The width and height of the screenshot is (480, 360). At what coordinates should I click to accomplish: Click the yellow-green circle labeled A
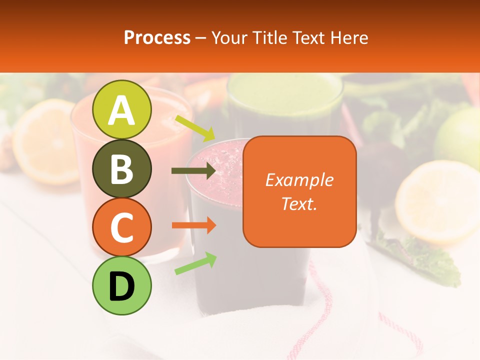click(122, 109)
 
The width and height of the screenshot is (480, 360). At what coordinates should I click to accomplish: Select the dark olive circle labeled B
click(122, 168)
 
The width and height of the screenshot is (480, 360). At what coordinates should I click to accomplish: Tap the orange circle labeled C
click(122, 227)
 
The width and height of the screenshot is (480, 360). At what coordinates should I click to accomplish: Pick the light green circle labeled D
click(122, 285)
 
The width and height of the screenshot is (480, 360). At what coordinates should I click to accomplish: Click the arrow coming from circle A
click(194, 128)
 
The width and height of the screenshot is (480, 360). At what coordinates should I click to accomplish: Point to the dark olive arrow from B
click(193, 171)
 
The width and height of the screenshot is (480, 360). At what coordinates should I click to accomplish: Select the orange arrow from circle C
click(193, 225)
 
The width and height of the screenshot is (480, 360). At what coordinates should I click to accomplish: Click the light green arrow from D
click(195, 263)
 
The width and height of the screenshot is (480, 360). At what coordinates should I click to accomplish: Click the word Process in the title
click(157, 38)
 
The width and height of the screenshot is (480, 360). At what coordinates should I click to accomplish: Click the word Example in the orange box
click(299, 180)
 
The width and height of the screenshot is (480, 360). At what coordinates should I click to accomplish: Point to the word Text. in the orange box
click(299, 203)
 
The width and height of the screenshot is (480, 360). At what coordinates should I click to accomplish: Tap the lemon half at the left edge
click(42, 140)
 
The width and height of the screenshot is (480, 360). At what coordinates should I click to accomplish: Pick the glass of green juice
click(285, 105)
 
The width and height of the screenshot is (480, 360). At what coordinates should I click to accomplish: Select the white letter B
click(121, 169)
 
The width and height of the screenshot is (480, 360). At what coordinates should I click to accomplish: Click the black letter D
click(121, 286)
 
